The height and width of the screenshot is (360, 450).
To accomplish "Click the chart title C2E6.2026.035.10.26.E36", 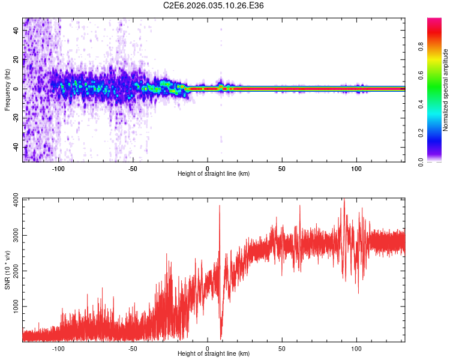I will [x=214, y=6].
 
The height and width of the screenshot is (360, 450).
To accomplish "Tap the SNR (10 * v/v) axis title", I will [x=7, y=270].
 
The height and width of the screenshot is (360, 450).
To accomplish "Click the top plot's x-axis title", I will [x=214, y=174].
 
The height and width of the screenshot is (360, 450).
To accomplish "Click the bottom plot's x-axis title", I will [x=214, y=354].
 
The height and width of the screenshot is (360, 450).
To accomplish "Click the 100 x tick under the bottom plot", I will [x=356, y=347].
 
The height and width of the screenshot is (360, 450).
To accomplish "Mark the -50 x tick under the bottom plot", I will [x=133, y=347].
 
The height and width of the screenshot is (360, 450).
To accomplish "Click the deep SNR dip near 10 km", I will [x=221, y=336].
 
